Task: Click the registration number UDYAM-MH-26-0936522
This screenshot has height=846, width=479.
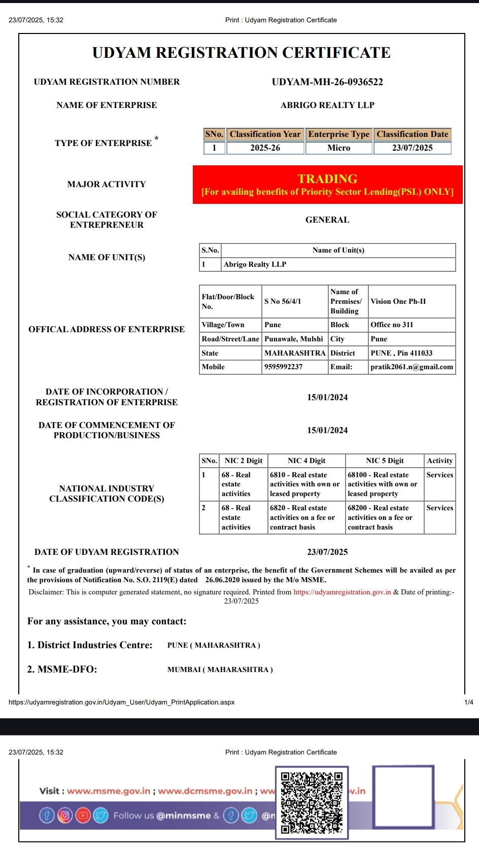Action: click(327, 82)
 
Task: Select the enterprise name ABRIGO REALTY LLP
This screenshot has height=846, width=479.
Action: click(327, 105)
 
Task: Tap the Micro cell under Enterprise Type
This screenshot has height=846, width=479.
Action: click(338, 148)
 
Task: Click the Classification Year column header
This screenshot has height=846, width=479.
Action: click(265, 134)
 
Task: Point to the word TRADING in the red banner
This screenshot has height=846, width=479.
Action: click(327, 179)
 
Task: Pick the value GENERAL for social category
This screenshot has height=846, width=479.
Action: click(327, 220)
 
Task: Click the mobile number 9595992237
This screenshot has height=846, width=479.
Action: click(283, 367)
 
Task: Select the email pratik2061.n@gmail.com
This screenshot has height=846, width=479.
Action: click(412, 367)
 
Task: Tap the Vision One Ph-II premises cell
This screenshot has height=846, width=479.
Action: click(398, 301)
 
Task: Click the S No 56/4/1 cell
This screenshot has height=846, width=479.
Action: click(283, 301)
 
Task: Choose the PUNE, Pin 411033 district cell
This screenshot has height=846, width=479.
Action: click(401, 353)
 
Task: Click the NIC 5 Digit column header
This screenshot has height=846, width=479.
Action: click(385, 461)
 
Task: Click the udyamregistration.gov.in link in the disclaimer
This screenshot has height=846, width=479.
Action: click(342, 592)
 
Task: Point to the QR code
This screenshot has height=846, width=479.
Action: click(312, 802)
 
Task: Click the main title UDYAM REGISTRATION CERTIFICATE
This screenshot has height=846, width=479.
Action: click(242, 53)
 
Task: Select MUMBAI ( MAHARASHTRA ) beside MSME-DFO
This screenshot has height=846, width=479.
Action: click(220, 670)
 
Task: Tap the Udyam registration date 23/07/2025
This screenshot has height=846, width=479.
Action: click(327, 552)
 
